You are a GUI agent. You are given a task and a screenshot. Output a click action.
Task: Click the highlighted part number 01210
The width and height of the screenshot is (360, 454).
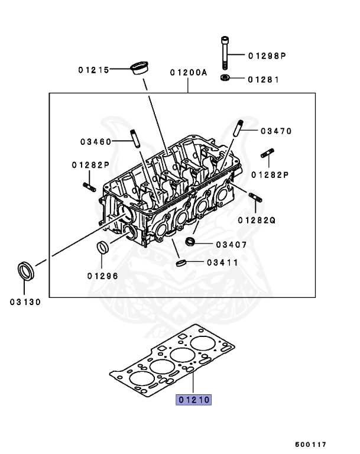(193, 400)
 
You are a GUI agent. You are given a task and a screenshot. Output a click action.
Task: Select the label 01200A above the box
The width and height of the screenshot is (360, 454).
(189, 73)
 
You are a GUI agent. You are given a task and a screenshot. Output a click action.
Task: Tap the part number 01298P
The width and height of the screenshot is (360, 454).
(267, 56)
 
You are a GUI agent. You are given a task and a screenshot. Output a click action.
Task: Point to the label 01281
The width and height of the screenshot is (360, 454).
(264, 79)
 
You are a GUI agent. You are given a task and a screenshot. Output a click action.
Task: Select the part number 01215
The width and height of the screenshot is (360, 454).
(93, 70)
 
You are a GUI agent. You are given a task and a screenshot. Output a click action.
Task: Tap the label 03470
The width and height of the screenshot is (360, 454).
(275, 131)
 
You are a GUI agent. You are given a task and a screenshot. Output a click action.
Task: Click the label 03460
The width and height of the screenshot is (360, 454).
(96, 141)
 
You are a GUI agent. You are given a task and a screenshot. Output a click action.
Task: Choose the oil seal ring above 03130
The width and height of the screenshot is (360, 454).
(25, 271)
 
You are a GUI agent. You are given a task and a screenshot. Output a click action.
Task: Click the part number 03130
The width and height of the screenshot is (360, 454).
(25, 301)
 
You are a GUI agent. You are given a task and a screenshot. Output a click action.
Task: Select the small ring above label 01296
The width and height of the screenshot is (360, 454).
(102, 248)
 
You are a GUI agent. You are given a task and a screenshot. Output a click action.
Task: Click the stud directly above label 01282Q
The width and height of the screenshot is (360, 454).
(255, 197)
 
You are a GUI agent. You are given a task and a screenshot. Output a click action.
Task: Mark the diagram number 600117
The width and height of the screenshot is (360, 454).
(311, 444)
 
